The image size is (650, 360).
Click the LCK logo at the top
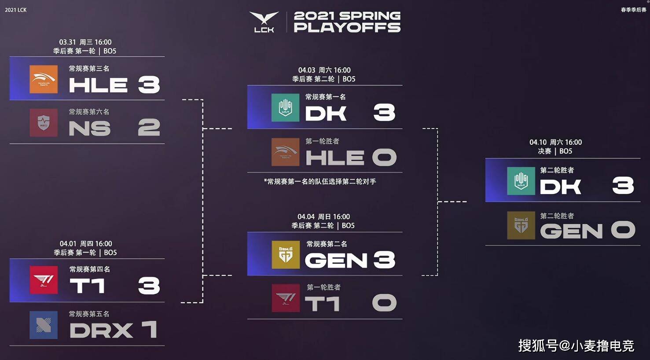point(264,22)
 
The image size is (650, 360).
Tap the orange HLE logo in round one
point(44,79)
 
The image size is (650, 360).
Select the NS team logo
point(44,123)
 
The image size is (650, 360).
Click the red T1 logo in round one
point(44,280)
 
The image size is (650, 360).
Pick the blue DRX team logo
point(44,325)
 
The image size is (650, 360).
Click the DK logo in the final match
point(521,181)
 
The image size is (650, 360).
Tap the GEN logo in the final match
point(521,225)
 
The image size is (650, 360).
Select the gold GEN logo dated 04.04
point(286,254)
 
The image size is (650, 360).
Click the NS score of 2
point(149,128)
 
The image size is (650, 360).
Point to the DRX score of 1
point(149,330)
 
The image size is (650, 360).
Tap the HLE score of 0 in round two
point(384,158)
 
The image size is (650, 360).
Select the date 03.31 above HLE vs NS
point(67,42)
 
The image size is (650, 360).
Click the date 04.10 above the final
point(538,142)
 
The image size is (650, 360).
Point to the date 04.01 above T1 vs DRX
point(68,244)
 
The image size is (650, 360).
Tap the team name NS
point(90,129)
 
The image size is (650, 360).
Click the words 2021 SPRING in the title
point(347,15)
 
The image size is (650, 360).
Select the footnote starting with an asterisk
point(320,181)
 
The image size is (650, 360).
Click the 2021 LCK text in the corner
point(16,10)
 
